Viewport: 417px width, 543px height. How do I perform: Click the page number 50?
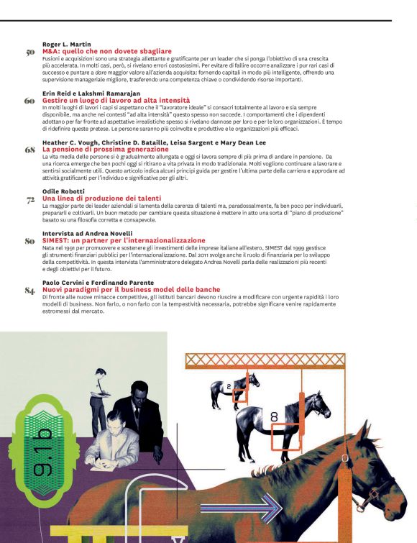tap(30, 53)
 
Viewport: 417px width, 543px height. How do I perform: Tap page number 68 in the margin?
tap(30, 150)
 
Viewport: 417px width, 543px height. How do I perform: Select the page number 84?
tap(30, 290)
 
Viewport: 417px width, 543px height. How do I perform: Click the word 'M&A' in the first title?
tap(50, 52)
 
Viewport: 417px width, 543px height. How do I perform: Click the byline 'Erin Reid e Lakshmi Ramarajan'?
tap(88, 93)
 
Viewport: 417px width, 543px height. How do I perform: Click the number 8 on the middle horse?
tap(274, 416)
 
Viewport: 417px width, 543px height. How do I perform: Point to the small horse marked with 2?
tap(224, 388)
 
